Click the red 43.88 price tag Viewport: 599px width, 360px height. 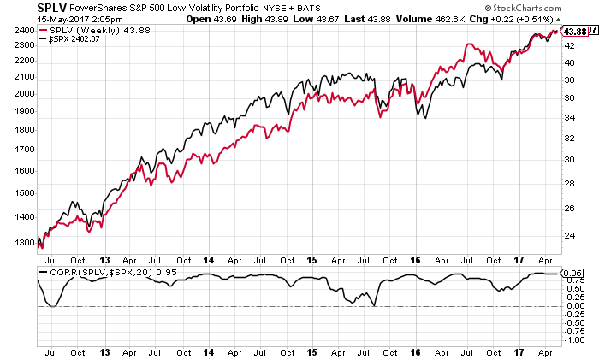coord(575,32)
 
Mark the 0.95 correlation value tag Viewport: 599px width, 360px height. coord(572,273)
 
